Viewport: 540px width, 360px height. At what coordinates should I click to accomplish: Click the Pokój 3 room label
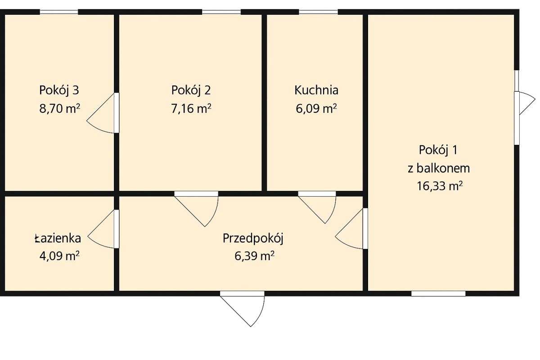click(x=59, y=90)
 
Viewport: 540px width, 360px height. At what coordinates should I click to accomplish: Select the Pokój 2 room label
click(x=191, y=90)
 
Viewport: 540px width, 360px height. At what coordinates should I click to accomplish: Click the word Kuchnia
click(x=316, y=90)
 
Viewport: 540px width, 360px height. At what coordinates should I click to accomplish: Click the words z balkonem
click(x=439, y=168)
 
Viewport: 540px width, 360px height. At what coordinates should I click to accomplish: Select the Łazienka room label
click(x=58, y=238)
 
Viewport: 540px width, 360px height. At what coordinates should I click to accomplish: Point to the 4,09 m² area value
click(x=59, y=256)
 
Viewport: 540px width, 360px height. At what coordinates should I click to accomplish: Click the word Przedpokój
click(x=252, y=238)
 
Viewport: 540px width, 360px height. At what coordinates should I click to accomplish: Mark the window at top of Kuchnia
click(x=319, y=12)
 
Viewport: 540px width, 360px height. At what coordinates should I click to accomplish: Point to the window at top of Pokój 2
click(x=221, y=12)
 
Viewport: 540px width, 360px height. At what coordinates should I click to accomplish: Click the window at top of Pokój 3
click(x=59, y=12)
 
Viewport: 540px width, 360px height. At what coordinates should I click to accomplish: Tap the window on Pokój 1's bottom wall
click(x=438, y=294)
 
